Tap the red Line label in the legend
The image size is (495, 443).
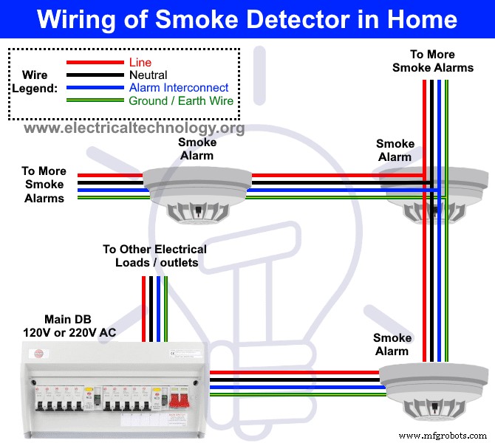[140, 62]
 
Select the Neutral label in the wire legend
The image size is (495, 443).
[148, 75]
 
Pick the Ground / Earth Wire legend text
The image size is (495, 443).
[181, 100]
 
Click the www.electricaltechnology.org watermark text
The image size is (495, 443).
[134, 128]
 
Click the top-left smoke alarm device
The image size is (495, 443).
[196, 192]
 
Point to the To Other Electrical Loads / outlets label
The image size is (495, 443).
[155, 255]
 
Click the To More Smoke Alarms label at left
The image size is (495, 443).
[44, 185]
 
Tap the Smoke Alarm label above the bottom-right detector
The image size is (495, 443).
[392, 344]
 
